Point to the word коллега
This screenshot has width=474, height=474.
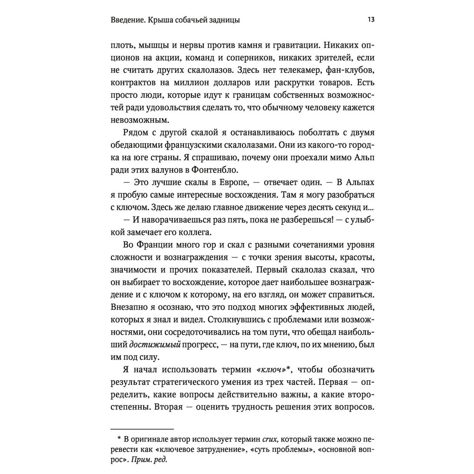click(189, 232)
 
